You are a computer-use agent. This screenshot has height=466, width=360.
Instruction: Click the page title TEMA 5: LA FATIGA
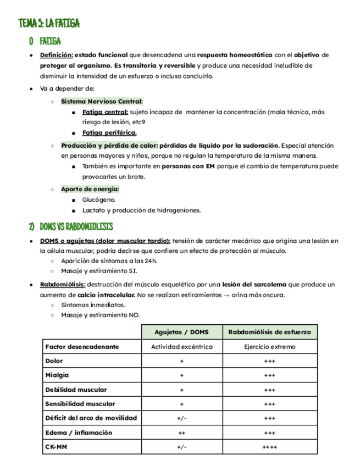pos(49,23)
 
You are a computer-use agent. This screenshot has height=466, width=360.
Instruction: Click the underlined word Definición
pos(56,56)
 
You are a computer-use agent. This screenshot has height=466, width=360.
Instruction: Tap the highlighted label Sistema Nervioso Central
pos(102,101)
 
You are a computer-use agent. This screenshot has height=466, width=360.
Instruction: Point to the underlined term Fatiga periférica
pos(109,132)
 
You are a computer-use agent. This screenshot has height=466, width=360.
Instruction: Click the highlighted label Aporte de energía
pos(90,189)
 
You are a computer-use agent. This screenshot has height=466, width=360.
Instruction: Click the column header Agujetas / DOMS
pos(181,332)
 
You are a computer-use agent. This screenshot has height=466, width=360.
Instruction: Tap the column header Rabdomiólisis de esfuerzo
pos(269,332)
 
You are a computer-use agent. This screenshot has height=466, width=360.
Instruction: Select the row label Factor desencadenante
pos(82,347)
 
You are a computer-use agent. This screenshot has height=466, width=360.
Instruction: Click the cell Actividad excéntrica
pos(181,347)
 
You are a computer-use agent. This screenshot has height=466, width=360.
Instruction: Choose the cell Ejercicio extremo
pos(269,347)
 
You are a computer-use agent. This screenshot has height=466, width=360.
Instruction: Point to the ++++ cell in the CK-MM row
pos(269,447)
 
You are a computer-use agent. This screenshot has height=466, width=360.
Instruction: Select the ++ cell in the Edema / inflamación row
pos(181,432)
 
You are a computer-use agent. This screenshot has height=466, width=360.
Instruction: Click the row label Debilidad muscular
pos(76,390)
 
